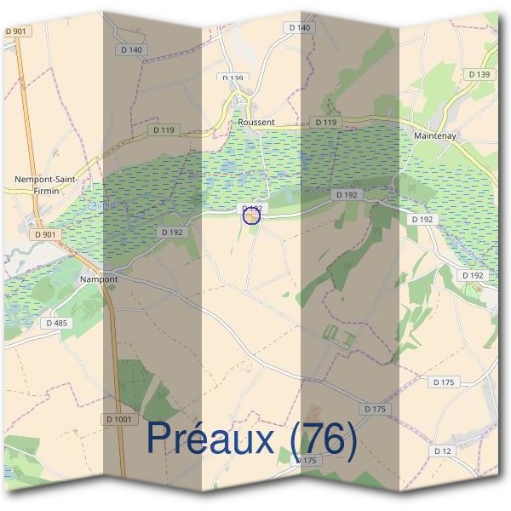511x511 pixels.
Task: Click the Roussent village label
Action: point(256,122)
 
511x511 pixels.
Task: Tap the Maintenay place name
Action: point(436,135)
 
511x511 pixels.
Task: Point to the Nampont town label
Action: point(98,278)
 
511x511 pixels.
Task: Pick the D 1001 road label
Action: point(121,419)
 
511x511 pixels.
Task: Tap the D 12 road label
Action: point(441,451)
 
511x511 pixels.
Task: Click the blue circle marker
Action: point(251,216)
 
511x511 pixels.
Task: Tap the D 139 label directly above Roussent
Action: point(233,78)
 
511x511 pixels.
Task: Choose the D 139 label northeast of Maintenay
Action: point(479,75)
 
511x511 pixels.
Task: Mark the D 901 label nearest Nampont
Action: point(44,234)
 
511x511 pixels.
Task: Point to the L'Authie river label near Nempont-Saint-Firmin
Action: point(100,205)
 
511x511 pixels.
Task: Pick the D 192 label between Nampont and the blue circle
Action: point(171,232)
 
